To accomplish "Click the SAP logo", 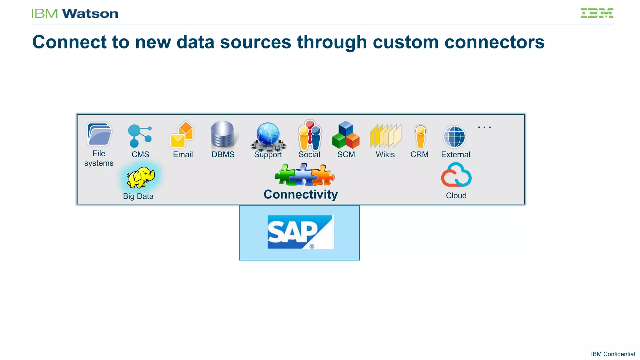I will (300, 232).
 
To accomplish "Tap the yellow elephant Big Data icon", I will (140, 177).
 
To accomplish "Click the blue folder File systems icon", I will (99, 134).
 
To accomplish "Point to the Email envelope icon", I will (182, 135).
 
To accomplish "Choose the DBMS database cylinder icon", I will (222, 134).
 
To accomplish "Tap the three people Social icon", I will (309, 135).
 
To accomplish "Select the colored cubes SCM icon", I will (346, 135).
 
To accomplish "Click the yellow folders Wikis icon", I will (385, 136).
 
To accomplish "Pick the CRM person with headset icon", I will (420, 136).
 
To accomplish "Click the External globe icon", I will (454, 137).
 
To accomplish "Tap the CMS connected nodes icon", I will (139, 136).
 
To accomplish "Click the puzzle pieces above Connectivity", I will (304, 175).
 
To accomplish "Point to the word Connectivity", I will (301, 194).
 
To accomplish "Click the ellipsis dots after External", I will (484, 127).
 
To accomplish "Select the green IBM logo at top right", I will (597, 13).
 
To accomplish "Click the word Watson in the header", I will (90, 14).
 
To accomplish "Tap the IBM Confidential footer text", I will (612, 354).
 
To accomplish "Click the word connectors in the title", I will (494, 42).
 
